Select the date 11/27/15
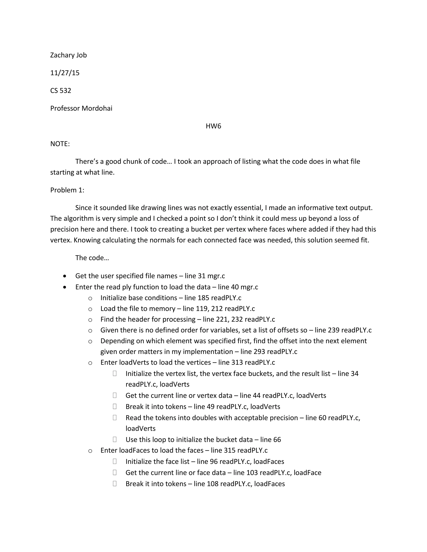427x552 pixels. (x=65, y=73)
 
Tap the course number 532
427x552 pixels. (x=65, y=90)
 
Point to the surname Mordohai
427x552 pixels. (x=97, y=108)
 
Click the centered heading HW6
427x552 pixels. (x=213, y=126)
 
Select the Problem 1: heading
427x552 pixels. (x=67, y=190)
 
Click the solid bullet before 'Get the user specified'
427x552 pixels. (x=65, y=276)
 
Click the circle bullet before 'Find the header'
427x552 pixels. (x=90, y=320)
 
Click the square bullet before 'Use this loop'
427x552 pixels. (x=115, y=440)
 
